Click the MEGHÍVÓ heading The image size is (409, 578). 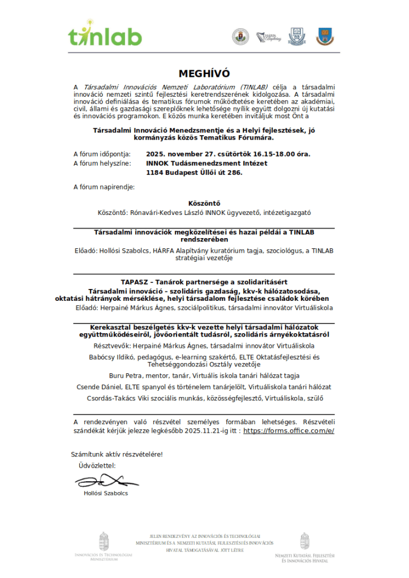(204, 74)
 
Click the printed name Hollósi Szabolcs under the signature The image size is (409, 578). (106, 494)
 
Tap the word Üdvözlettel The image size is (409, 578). (97, 466)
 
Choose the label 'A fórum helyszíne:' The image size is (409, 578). (101, 163)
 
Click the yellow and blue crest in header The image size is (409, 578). (324, 36)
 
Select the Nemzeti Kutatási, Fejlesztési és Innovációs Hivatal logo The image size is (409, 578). (305, 549)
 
